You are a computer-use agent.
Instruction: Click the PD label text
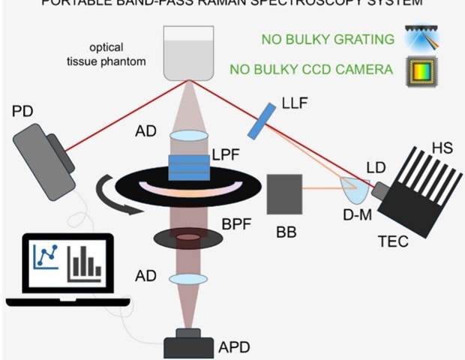22,112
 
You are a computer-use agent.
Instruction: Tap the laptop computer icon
67,270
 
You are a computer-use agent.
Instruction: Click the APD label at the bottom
233,347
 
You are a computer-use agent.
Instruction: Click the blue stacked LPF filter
188,166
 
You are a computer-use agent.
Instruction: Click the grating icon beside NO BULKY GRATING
419,37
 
